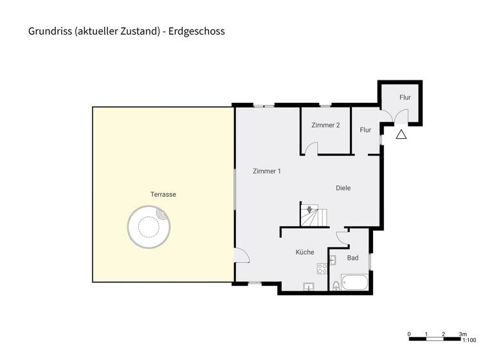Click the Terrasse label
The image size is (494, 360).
pyautogui.click(x=163, y=194)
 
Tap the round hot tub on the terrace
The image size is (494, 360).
pyautogui.click(x=149, y=226)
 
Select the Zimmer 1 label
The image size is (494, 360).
pyautogui.click(x=266, y=171)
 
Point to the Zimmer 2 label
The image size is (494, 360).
pyautogui.click(x=325, y=125)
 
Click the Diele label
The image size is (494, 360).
pyautogui.click(x=343, y=188)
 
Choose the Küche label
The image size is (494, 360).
pyautogui.click(x=305, y=253)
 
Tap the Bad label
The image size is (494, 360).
pyautogui.click(x=352, y=258)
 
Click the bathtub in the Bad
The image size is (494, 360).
pyautogui.click(x=354, y=282)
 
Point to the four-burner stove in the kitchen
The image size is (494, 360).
pyautogui.click(x=322, y=268)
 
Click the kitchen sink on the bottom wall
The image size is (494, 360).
pyautogui.click(x=309, y=286)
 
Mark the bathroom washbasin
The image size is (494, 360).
pyautogui.click(x=333, y=260)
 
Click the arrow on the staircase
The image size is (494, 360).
pyautogui.click(x=310, y=210)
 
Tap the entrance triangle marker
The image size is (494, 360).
pyautogui.click(x=401, y=134)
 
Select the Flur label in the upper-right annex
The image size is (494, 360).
pyautogui.click(x=405, y=98)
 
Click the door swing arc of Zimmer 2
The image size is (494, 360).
pyautogui.click(x=311, y=148)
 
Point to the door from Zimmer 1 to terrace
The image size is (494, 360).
pyautogui.click(x=241, y=256)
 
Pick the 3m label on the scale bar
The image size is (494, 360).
pyautogui.click(x=462, y=334)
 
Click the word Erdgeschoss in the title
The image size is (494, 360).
pyautogui.click(x=197, y=30)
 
